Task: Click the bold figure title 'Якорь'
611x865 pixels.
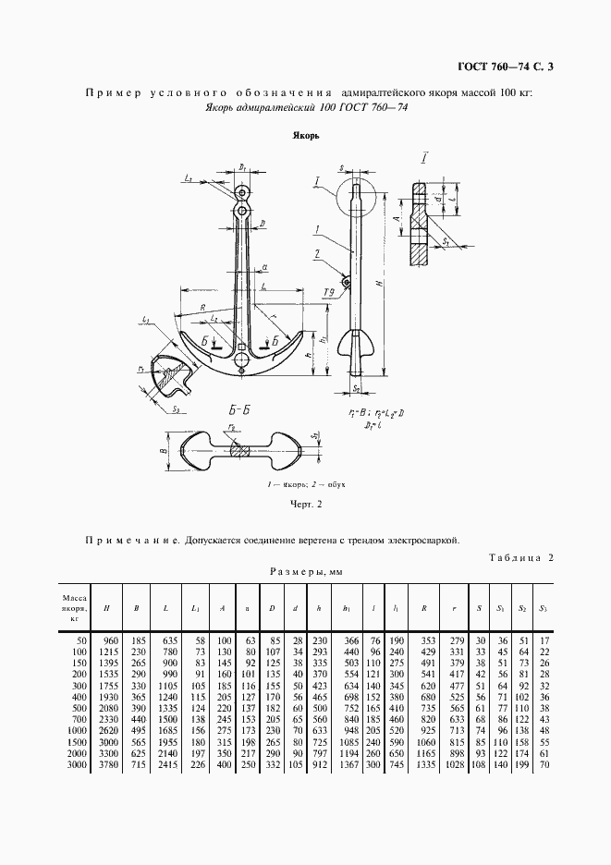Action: [305, 135]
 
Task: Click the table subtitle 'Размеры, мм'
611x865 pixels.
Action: [304, 573]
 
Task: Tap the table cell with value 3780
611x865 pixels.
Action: [110, 766]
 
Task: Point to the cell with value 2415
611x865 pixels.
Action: [169, 766]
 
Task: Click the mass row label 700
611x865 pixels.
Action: [79, 720]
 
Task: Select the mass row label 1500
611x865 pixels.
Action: [77, 743]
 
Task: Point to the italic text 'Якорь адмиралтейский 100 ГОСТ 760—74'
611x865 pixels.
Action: [306, 107]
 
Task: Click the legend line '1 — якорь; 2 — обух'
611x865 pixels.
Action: [305, 484]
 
